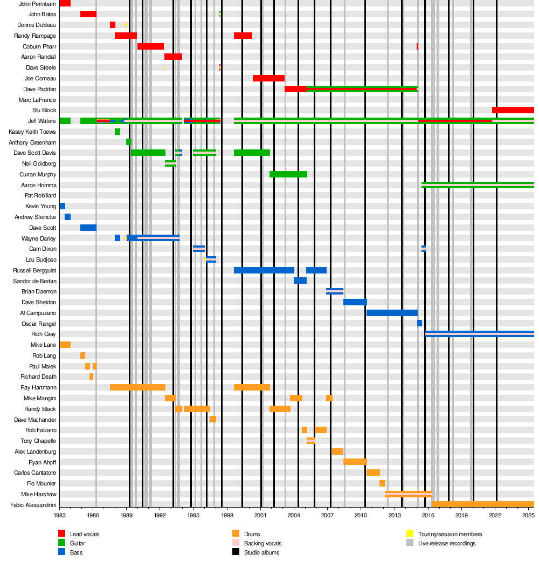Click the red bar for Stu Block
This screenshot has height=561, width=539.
point(513,110)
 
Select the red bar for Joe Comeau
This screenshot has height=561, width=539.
point(268,78)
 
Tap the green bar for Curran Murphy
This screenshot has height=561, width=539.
point(288,174)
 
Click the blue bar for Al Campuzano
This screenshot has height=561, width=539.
point(392,313)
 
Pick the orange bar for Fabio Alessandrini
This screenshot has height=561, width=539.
point(482,504)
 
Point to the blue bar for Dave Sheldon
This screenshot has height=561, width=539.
point(355,302)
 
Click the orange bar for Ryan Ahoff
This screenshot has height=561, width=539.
point(355,462)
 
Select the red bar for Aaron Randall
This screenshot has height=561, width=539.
point(173,57)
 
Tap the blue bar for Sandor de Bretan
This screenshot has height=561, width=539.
point(300,280)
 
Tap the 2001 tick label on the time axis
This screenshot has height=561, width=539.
point(261,515)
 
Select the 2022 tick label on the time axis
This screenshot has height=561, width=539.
point(496,515)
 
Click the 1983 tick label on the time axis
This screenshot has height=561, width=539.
point(60,515)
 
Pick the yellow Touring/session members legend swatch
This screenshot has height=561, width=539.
point(410,534)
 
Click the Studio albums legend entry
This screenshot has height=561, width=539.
point(261,552)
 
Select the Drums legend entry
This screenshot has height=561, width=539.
point(252,534)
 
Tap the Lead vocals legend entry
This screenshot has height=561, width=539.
point(85,534)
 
